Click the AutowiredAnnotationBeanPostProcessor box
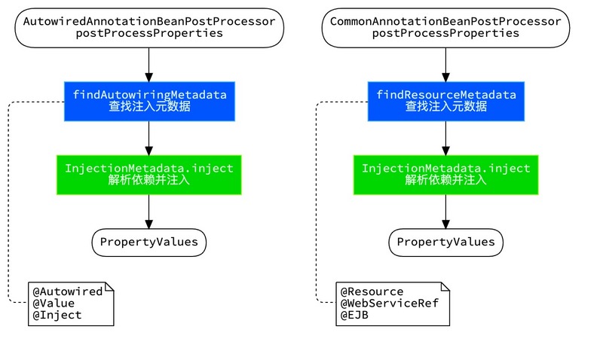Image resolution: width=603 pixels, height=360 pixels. (x=149, y=27)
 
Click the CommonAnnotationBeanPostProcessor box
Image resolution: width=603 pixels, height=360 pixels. (x=445, y=27)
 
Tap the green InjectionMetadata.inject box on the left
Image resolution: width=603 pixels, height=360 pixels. (x=149, y=174)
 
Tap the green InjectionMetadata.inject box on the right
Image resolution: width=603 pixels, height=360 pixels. (x=445, y=174)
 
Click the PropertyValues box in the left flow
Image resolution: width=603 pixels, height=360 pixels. (x=149, y=242)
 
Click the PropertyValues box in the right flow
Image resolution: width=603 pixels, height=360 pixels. (x=445, y=242)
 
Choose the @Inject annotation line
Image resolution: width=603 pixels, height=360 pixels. (x=56, y=316)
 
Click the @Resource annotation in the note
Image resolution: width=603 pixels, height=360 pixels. (x=372, y=291)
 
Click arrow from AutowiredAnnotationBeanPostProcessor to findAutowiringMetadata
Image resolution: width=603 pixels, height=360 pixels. (x=149, y=63)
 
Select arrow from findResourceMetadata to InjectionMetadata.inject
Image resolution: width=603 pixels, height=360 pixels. (x=445, y=138)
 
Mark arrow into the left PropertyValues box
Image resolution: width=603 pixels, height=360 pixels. (x=149, y=212)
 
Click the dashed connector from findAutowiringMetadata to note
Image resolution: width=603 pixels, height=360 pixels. (x=8, y=203)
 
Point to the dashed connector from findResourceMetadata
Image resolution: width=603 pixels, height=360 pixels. (x=317, y=203)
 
